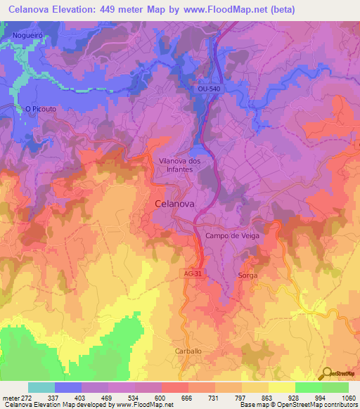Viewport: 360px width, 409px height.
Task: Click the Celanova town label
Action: pyautogui.click(x=174, y=204)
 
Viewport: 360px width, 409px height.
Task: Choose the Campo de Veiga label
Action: pyautogui.click(x=232, y=235)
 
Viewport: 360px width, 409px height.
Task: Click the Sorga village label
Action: pyautogui.click(x=247, y=275)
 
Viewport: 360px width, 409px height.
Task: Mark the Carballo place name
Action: pyautogui.click(x=188, y=351)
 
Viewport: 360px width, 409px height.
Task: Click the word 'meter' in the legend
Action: pyautogui.click(x=11, y=398)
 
